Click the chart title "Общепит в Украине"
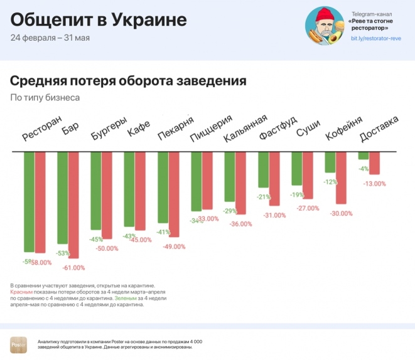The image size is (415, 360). (99, 20)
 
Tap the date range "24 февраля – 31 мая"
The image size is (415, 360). (50, 38)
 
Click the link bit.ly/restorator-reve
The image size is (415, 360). (375, 39)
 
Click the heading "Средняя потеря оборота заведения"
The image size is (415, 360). (127, 82)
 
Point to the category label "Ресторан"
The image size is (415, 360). (42, 128)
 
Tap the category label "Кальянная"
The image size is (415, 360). (245, 128)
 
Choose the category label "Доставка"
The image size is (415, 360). (379, 128)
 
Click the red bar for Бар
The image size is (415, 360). (74, 205)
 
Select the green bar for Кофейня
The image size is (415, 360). (330, 162)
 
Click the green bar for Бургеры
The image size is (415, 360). (96, 191)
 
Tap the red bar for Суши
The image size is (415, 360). (308, 176)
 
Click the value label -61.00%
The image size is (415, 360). (73, 268)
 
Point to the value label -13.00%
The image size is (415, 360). (374, 184)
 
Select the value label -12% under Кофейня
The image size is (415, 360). (330, 182)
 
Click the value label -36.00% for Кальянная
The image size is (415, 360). (240, 224)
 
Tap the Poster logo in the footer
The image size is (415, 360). (18, 344)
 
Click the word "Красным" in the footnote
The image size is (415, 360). (21, 292)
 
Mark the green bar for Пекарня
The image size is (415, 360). (163, 188)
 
